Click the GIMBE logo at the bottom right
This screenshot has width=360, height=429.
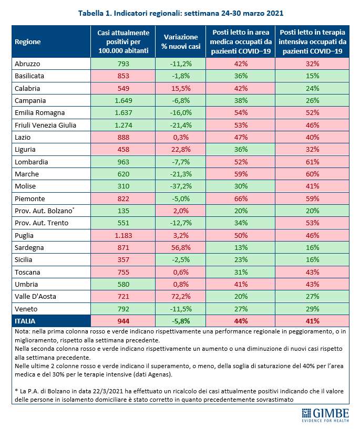[325, 415]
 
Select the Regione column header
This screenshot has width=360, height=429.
[28, 42]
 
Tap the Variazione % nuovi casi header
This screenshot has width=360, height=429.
[181, 41]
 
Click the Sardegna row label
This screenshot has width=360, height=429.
[29, 248]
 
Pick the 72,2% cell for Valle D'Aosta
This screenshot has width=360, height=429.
[181, 297]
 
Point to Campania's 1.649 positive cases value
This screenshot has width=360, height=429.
[123, 100]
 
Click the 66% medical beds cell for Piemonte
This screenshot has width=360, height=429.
[241, 198]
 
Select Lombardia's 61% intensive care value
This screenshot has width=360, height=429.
[312, 162]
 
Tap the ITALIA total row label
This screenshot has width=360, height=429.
[25, 321]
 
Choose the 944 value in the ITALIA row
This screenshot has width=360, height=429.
[123, 321]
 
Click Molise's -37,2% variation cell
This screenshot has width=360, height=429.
[181, 186]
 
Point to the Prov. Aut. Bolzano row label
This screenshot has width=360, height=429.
[44, 211]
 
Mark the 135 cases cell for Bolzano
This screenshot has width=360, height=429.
[123, 211]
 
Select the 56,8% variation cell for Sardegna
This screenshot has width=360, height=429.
[181, 248]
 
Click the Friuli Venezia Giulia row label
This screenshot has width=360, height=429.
[45, 125]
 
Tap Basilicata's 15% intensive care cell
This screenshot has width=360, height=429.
[312, 76]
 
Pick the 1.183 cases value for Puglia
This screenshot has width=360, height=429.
[123, 235]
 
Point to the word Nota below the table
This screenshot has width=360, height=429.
[22, 332]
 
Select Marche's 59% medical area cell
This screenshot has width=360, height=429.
[241, 174]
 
